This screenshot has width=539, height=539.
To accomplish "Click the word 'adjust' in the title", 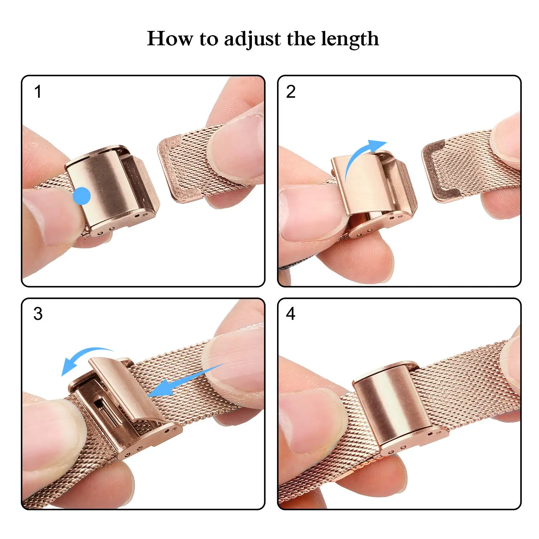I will [x=252, y=39].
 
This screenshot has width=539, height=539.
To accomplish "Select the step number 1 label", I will [x=38, y=92].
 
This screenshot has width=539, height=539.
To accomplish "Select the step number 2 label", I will [x=291, y=92].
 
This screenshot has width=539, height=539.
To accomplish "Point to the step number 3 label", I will [x=38, y=314].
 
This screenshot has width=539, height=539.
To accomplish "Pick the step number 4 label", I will [x=291, y=314].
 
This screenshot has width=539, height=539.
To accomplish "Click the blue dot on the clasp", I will [x=82, y=196].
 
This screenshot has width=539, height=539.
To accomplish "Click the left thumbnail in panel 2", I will [x=309, y=216].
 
